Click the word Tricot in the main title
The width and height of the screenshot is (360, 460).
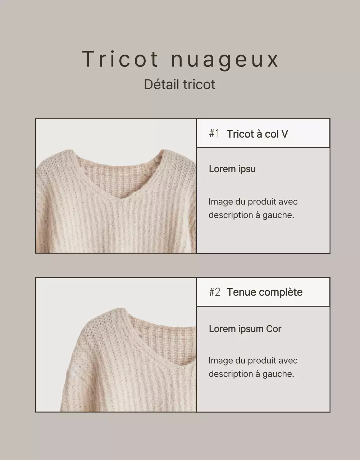[120, 59]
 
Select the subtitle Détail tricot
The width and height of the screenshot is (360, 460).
[179, 84]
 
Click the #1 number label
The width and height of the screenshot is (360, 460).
[214, 134]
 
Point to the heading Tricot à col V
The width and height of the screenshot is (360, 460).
[257, 134]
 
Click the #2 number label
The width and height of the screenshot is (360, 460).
[215, 292]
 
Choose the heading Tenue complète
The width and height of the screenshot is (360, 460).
[264, 292]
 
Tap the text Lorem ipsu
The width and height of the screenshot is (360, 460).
[232, 169]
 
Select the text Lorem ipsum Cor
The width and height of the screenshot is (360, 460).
[245, 329]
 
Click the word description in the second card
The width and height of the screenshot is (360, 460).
[230, 374]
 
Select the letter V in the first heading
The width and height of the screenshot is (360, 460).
[284, 134]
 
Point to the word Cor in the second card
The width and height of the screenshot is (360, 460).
[274, 329]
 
